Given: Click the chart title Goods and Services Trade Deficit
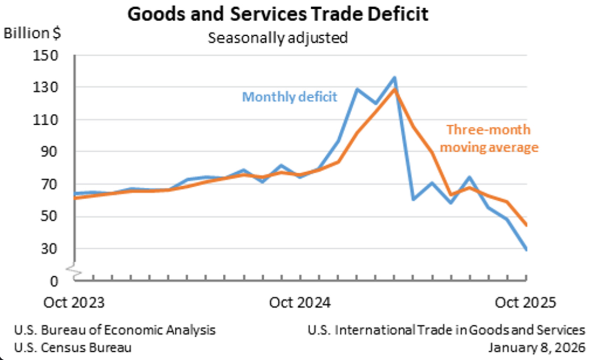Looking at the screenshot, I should pos(278,14).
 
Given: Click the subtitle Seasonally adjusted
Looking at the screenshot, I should pos(277,38).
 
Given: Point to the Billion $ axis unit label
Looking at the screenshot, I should pos(32,33).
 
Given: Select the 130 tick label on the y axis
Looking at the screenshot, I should pos(47,87).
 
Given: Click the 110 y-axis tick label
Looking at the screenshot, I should pos(47,119).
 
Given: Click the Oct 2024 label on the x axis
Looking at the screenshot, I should pos(299,302).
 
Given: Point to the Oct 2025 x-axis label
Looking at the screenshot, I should pos(526,302).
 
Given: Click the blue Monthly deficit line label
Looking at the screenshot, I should pos(290,97).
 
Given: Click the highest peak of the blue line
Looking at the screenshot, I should pos(395,78).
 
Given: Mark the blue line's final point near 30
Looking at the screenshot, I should pos(526,249).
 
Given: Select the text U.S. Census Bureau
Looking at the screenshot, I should pos(73,347).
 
